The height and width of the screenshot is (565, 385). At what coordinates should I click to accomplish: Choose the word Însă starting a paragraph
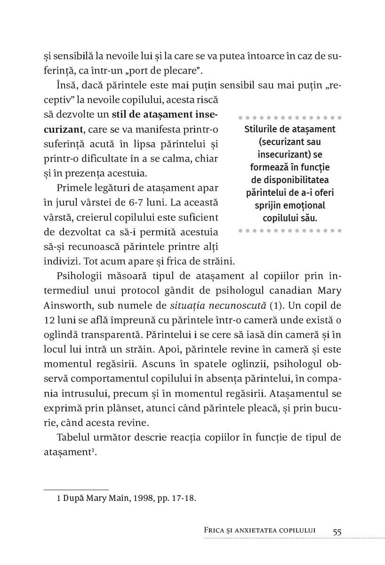(x=65, y=86)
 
